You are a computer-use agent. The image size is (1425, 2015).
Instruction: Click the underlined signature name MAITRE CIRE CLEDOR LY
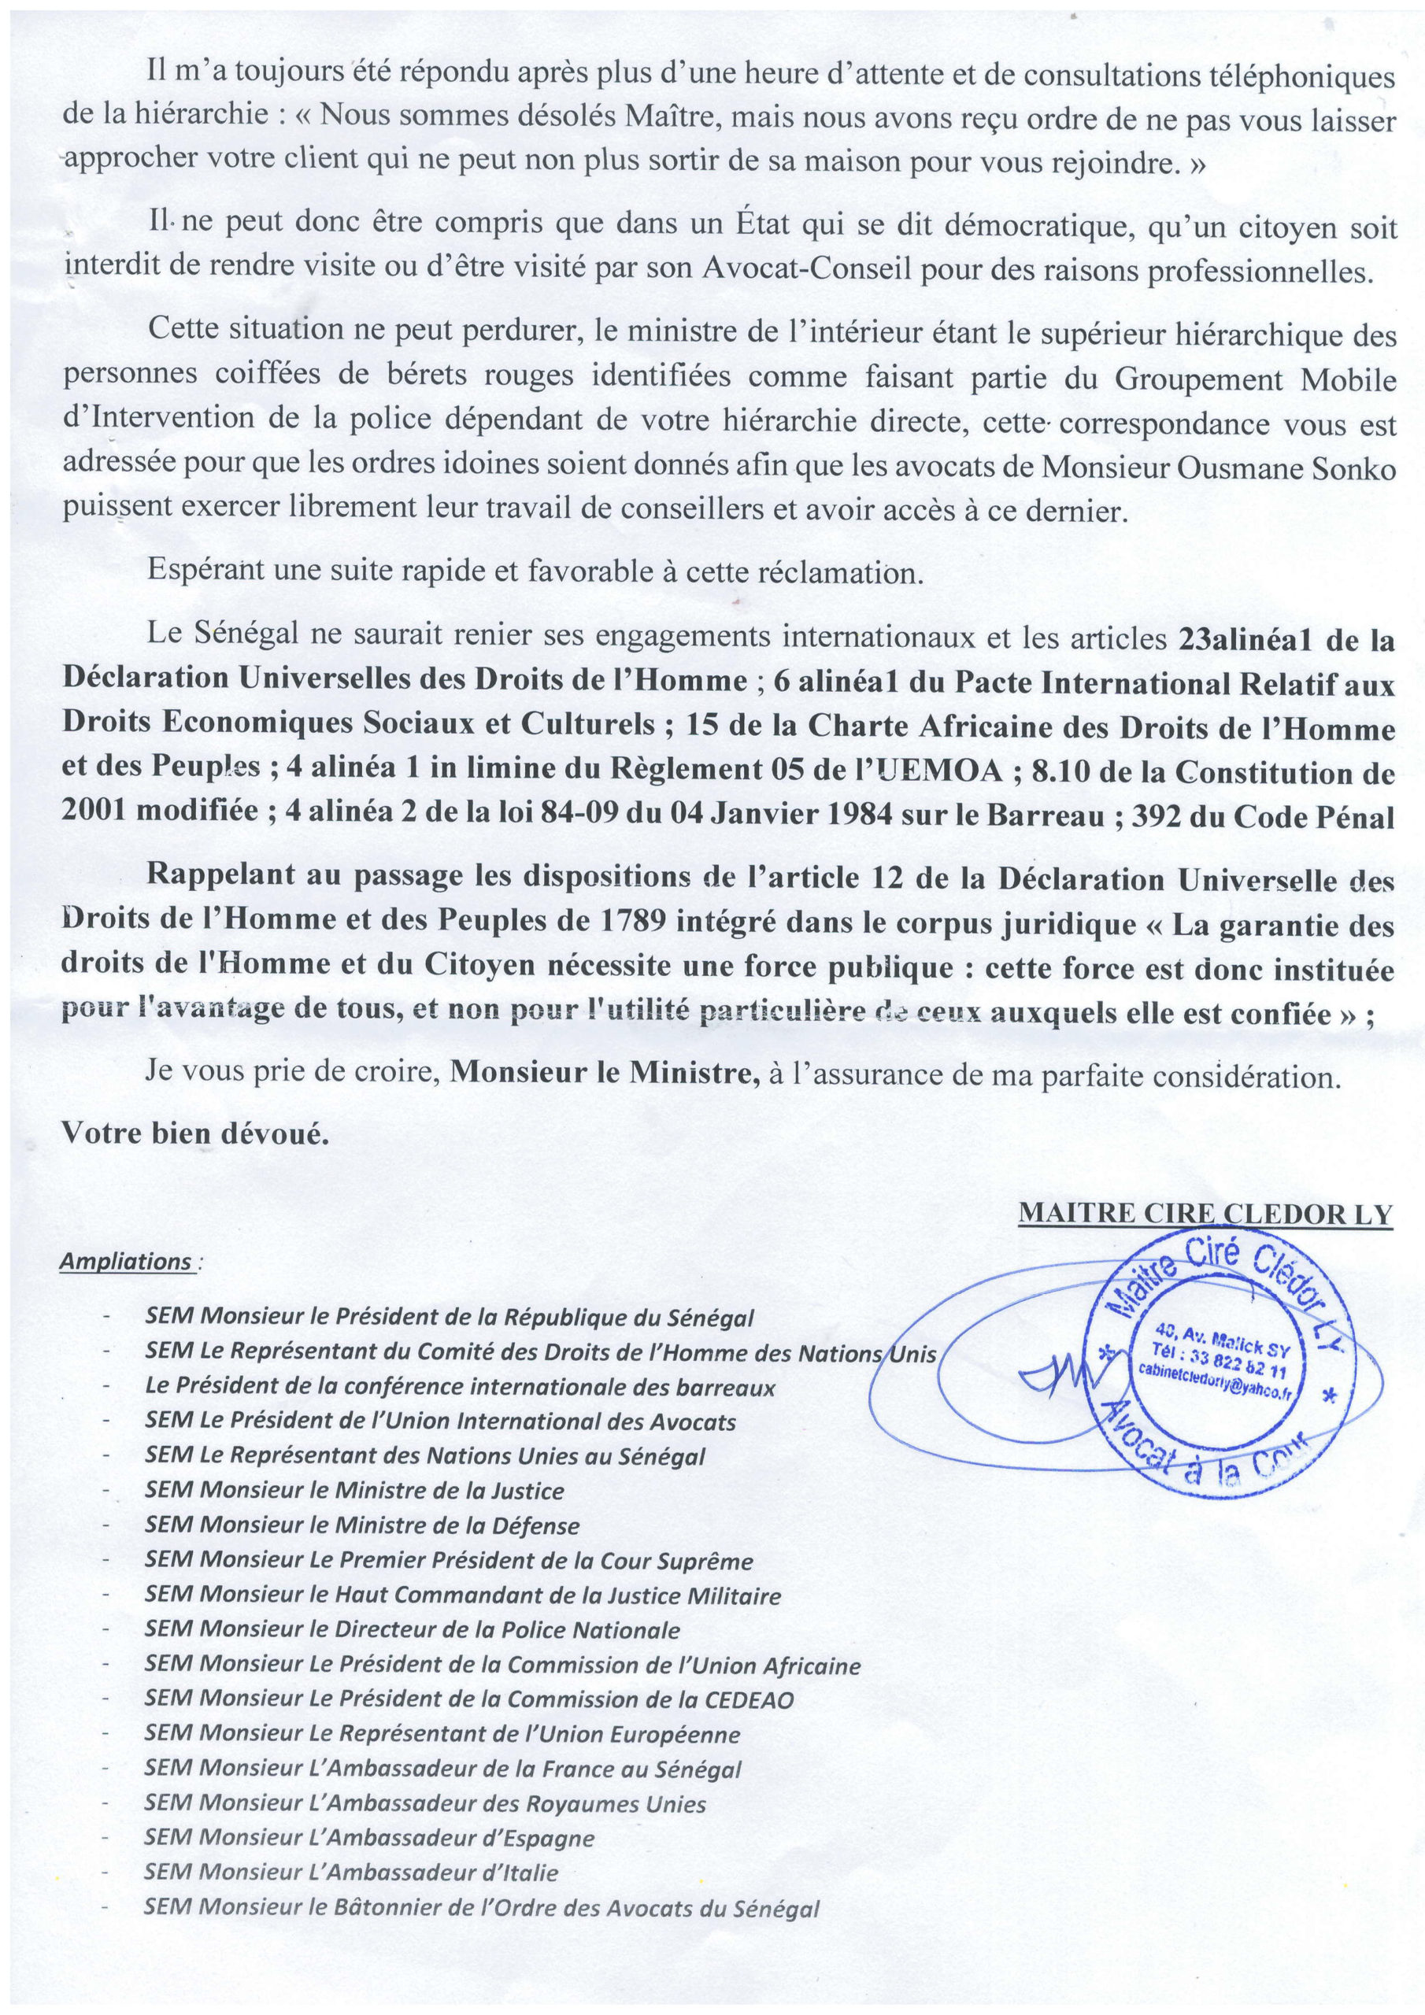[x=1205, y=1214]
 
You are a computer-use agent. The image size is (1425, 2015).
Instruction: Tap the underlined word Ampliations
[x=125, y=1262]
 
